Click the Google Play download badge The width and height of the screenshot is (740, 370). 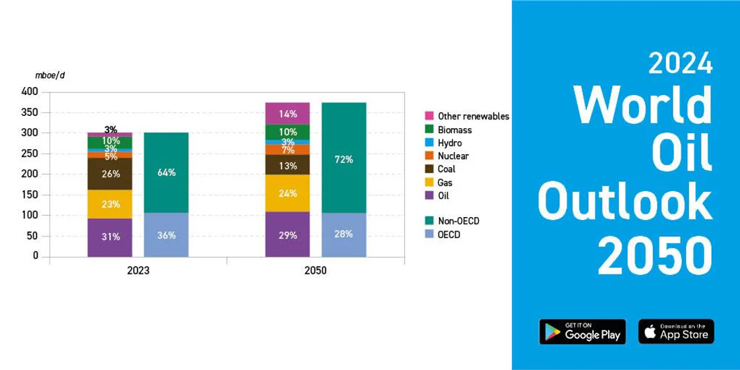582,332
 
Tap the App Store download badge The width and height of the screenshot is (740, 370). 676,332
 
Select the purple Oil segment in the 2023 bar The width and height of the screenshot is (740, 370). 110,237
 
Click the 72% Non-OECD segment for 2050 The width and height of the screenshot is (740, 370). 344,158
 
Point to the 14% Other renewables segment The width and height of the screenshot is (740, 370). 287,113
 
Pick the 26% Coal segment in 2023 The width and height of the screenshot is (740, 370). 110,174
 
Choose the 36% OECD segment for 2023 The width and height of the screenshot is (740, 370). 166,235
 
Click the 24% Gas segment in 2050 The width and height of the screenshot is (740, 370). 287,193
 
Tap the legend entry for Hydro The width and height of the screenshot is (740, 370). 443,142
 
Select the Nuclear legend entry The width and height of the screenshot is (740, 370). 446,156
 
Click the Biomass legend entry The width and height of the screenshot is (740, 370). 448,129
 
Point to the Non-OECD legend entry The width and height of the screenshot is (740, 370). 452,221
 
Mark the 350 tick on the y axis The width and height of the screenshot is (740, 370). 30,112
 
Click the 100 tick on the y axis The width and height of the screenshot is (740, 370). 30,215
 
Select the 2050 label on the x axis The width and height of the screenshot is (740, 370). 316,271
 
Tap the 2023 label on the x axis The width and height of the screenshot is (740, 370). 138,271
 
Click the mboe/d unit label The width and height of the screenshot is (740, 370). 50,75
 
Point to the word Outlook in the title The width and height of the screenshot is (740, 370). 625,201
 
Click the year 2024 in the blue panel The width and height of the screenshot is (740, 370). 680,63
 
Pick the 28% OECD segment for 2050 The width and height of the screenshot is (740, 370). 344,234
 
